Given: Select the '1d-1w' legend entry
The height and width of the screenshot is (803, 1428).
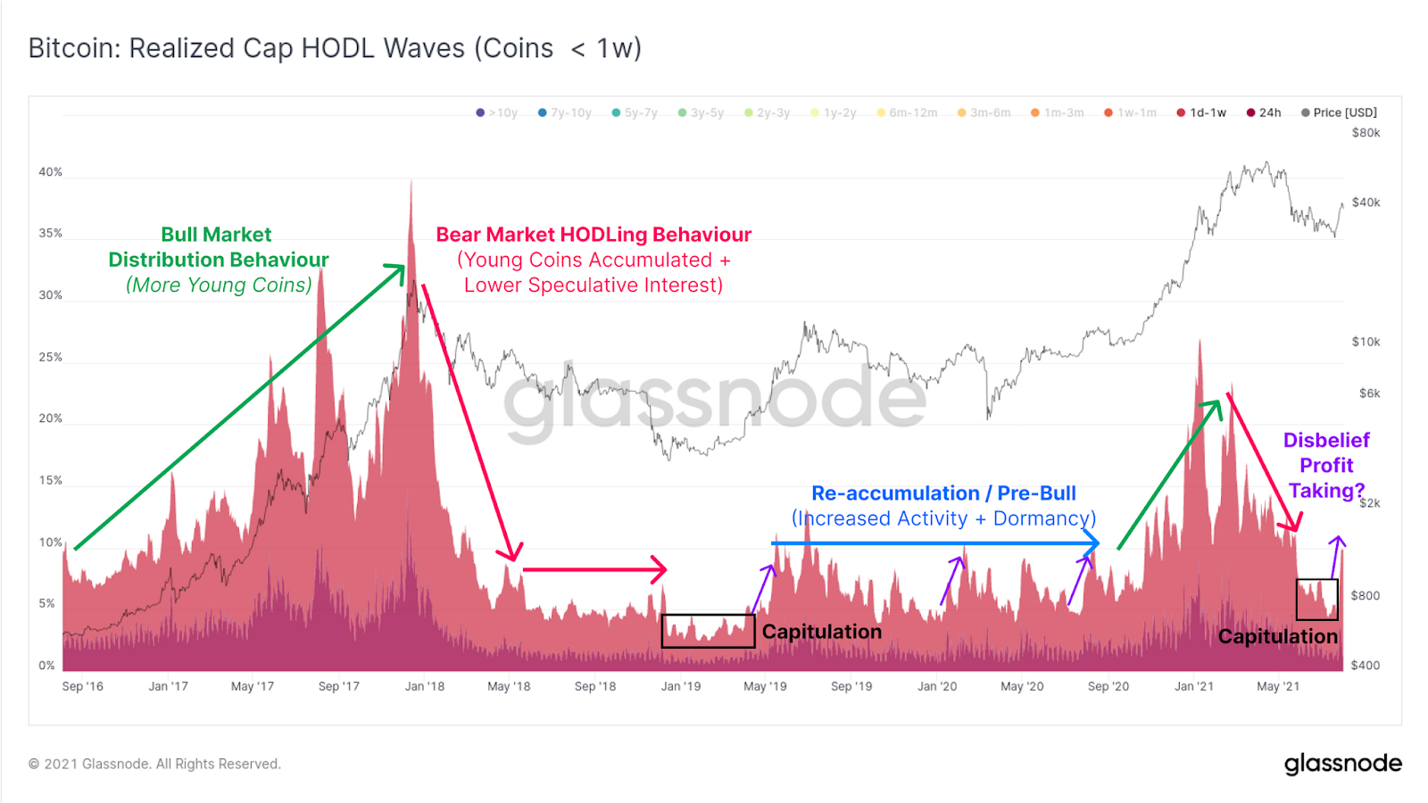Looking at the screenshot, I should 1208,112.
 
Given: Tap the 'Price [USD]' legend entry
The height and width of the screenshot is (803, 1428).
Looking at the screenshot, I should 1344,112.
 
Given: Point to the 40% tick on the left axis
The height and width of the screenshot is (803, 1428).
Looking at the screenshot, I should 50,172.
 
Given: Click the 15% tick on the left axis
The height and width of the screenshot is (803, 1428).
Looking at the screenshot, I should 50,481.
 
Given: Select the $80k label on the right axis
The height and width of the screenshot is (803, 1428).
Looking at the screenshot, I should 1366,133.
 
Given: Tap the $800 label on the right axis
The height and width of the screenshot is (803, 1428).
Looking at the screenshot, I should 1365,596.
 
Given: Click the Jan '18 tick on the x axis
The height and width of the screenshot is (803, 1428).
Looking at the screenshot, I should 424,686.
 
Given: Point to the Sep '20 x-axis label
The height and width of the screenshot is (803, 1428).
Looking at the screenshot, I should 1108,686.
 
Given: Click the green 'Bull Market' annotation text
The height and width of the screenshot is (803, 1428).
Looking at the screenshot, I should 216,235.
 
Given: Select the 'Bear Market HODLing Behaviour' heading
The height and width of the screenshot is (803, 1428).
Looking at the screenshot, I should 594,235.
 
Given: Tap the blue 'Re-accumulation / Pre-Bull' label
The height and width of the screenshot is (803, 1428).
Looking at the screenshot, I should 943,493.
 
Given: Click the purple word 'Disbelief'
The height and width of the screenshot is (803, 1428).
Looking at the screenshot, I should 1326,440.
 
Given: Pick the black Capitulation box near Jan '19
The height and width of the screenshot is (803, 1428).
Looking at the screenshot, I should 708,631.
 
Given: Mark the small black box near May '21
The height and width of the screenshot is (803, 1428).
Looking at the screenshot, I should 1316,600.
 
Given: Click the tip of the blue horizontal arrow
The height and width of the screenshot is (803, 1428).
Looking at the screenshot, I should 1098,542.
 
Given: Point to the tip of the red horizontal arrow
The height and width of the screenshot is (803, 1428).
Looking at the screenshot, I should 665,569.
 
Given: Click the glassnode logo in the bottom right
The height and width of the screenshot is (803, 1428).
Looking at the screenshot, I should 1342,764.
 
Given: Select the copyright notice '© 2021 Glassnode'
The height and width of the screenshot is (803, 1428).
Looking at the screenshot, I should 154,764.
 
